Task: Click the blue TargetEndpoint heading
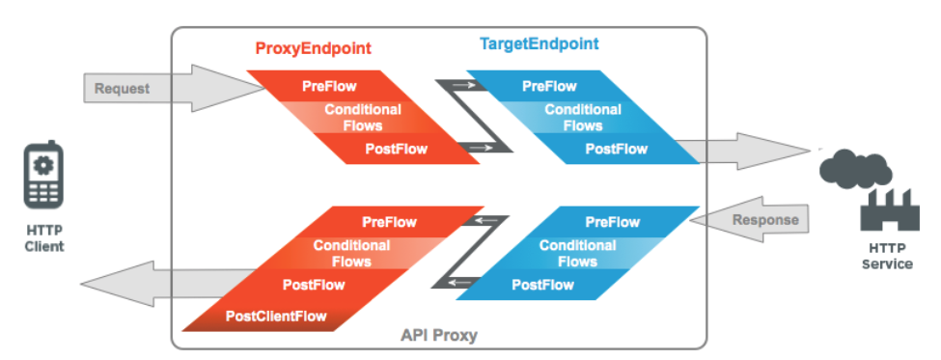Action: click(x=539, y=44)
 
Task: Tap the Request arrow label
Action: click(x=122, y=89)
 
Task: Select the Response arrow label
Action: click(x=766, y=220)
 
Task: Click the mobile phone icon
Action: click(x=42, y=177)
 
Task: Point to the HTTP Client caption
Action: click(x=44, y=238)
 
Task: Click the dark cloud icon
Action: click(x=854, y=167)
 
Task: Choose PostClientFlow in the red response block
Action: click(x=276, y=316)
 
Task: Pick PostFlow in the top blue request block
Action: click(x=616, y=149)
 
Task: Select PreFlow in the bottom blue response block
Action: click(x=612, y=221)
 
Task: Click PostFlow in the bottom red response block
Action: click(x=314, y=285)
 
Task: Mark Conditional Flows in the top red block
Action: click(x=362, y=118)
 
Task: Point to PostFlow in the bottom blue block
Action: click(x=542, y=285)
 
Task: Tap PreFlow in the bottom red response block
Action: click(x=389, y=222)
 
